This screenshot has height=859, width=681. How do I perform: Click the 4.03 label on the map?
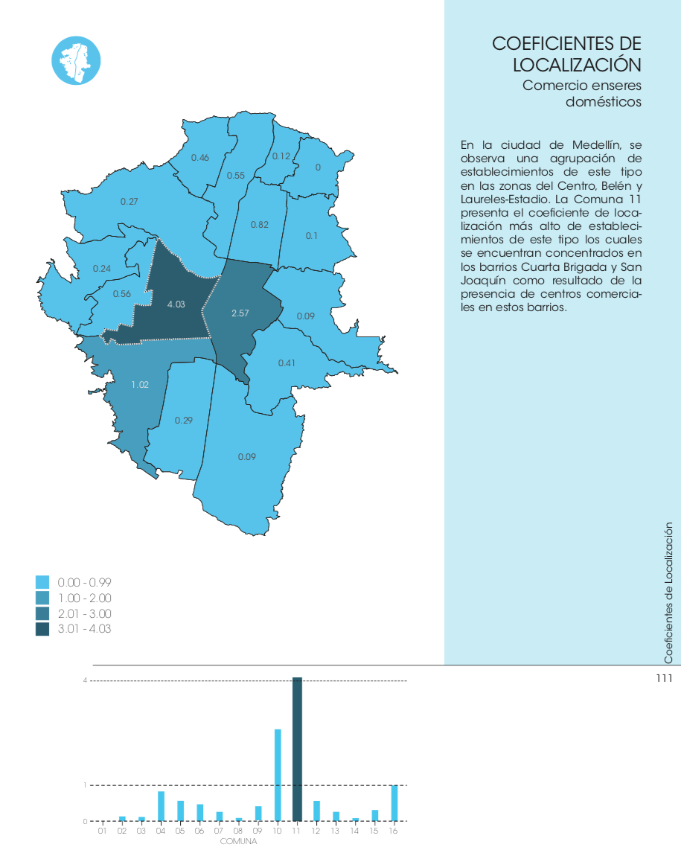(176, 304)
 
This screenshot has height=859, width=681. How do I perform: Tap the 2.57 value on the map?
(240, 313)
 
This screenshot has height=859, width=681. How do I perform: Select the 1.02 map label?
(140, 385)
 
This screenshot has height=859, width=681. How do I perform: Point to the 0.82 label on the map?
(260, 225)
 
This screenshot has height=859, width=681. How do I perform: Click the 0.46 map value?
(200, 158)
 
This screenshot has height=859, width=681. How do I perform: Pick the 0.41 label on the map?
(287, 363)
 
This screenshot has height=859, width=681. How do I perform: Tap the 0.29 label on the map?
(184, 421)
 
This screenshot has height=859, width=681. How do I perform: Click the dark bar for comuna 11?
(297, 749)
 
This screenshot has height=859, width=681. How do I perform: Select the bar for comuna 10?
(278, 775)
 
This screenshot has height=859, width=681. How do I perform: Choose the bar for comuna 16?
(394, 803)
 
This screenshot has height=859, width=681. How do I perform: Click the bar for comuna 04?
(161, 806)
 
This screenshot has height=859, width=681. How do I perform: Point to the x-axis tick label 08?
(237, 831)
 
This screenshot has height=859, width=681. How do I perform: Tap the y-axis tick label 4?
(85, 680)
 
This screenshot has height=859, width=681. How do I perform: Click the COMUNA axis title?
(238, 841)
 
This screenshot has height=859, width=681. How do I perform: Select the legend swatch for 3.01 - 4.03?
(42, 629)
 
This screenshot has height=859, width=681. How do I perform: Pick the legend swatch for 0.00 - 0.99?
(42, 582)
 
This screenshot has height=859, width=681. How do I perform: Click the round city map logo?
(76, 60)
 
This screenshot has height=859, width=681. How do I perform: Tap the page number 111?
(664, 678)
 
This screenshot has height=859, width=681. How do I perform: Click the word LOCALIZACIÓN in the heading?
(577, 65)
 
